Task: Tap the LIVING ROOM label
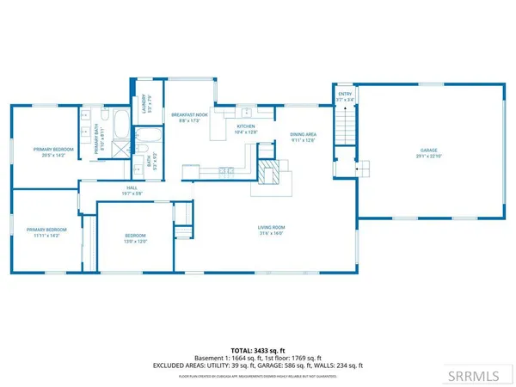click(x=271, y=228)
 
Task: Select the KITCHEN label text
click(x=247, y=126)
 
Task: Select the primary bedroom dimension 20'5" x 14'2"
click(x=54, y=156)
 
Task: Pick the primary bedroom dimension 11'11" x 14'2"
click(x=46, y=236)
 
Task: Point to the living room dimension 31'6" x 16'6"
click(x=271, y=234)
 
